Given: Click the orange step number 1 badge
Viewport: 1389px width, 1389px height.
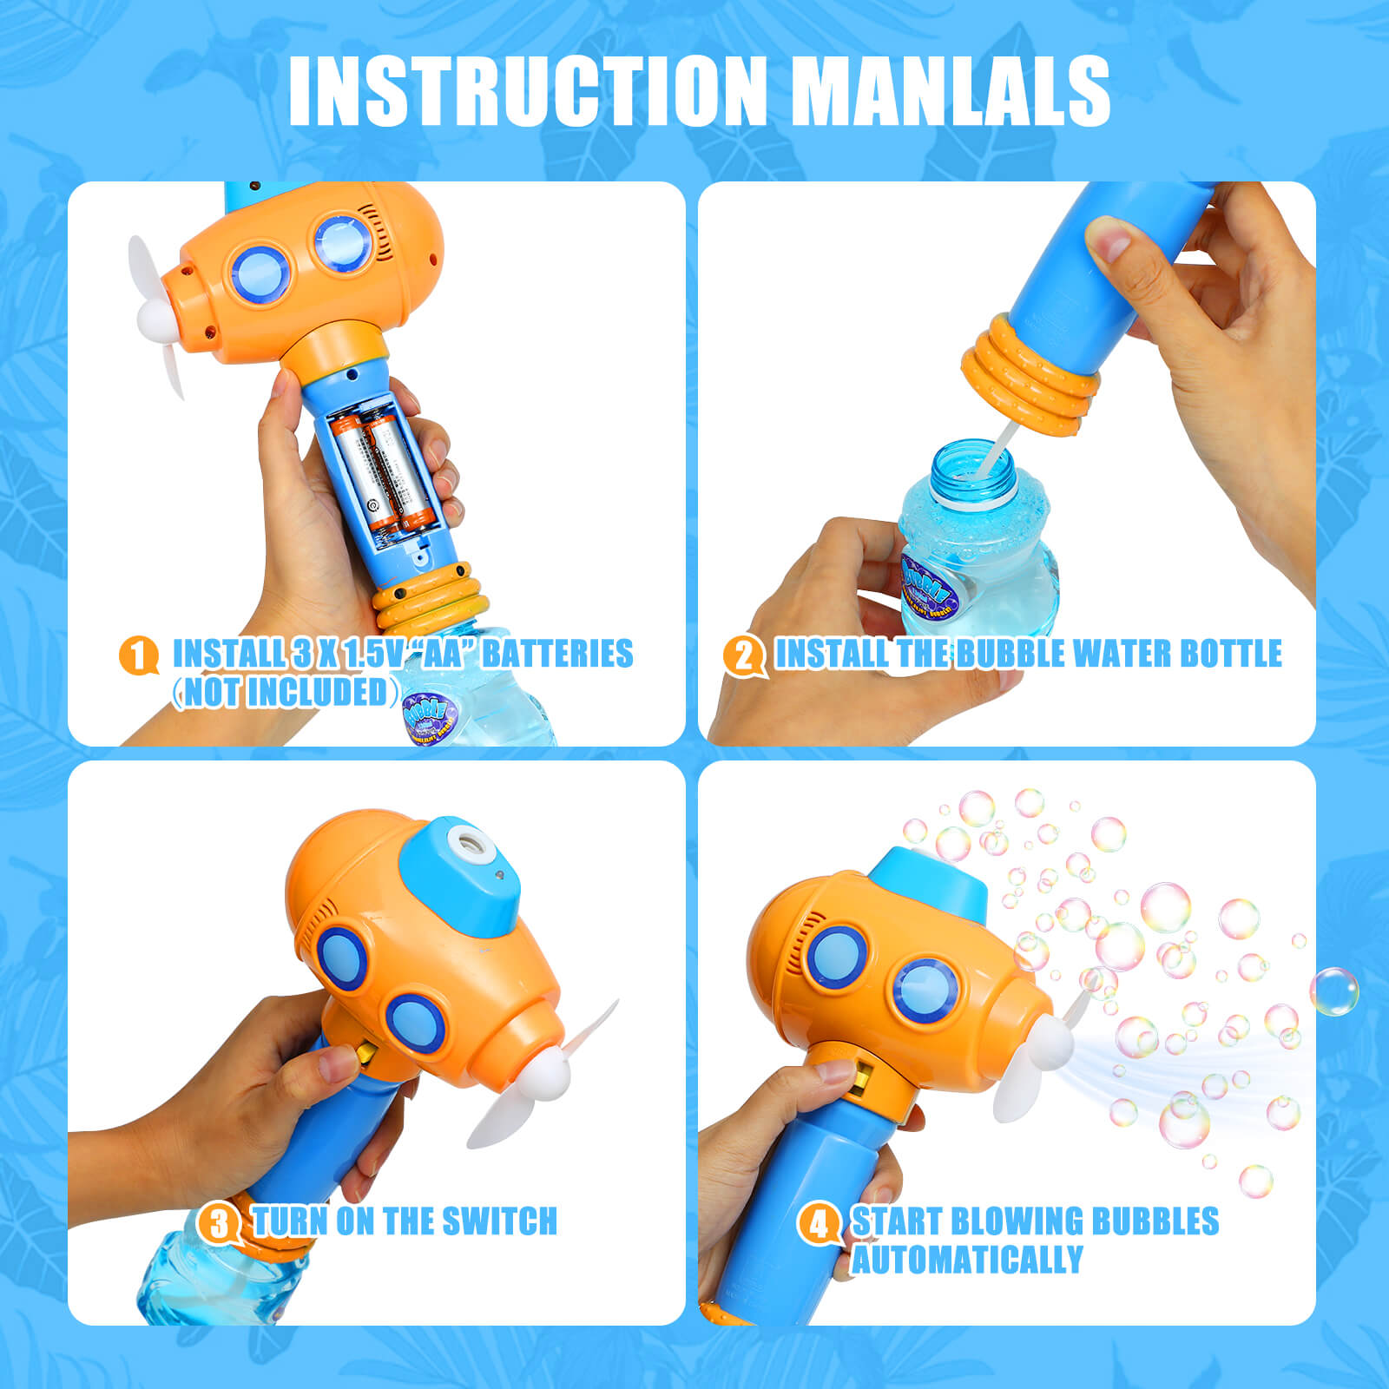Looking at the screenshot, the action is click(138, 655).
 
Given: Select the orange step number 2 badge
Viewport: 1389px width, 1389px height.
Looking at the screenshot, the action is click(742, 655).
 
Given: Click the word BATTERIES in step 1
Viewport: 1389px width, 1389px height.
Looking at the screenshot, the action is click(557, 654).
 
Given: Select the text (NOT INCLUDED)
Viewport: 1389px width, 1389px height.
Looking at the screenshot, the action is click(286, 692).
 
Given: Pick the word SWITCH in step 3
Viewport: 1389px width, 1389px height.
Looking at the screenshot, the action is click(500, 1221).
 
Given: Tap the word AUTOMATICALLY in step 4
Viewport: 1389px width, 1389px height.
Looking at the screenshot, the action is click(967, 1260).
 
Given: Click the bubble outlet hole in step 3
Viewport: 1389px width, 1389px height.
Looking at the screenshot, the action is click(470, 840).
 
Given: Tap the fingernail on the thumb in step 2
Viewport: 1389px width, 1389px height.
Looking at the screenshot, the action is click(1105, 238).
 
